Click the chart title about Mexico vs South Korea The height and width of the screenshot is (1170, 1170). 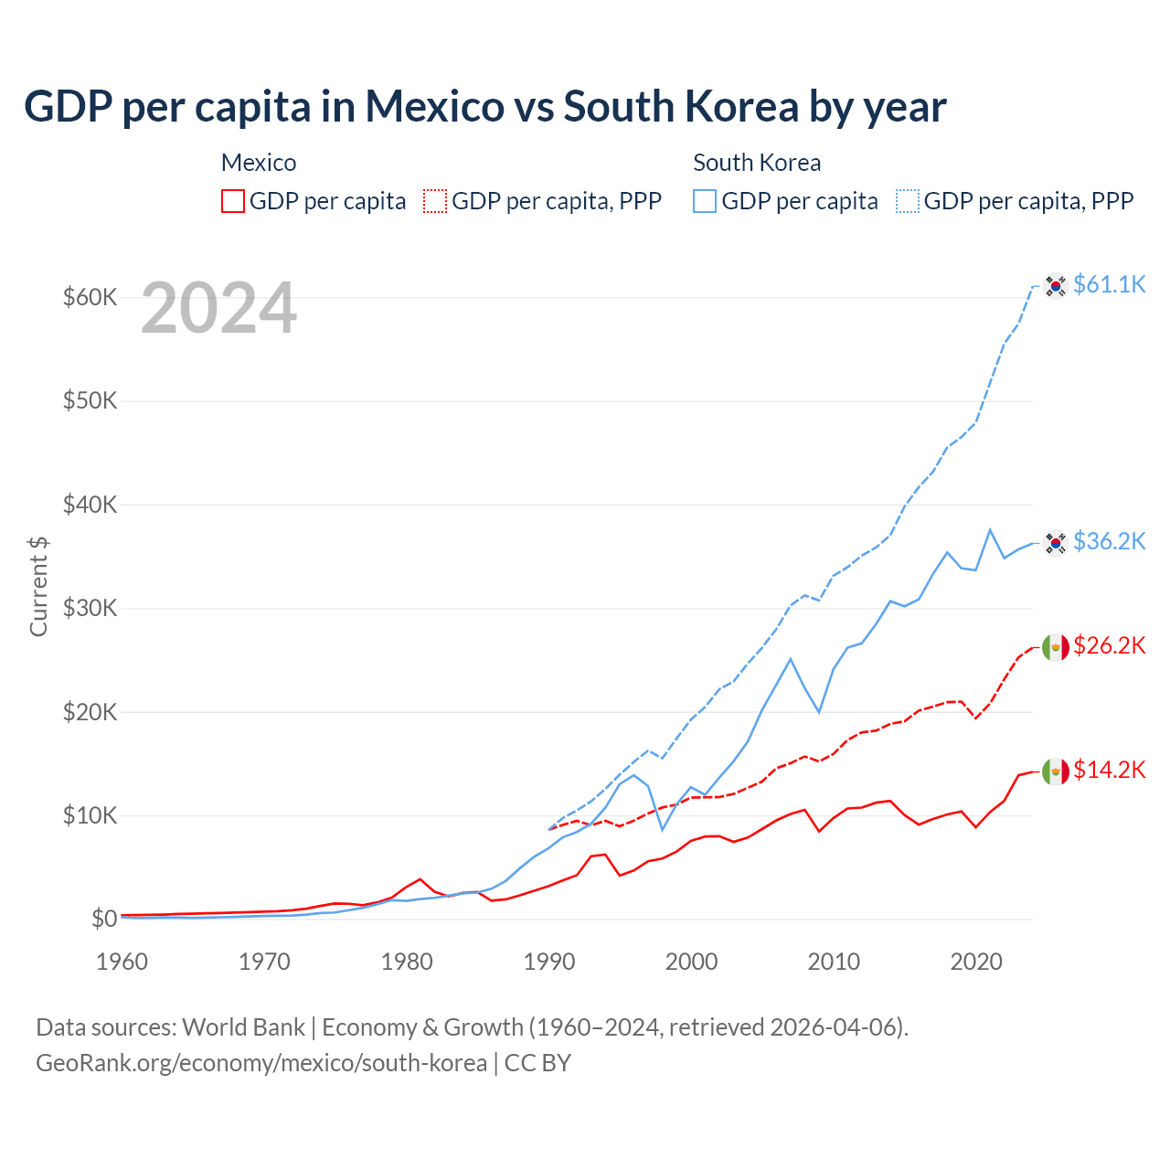tap(484, 107)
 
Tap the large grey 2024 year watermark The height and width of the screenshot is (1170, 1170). tap(218, 309)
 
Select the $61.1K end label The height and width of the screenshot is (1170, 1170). tap(1109, 284)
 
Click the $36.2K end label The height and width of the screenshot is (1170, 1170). tap(1109, 541)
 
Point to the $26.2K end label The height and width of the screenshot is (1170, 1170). tap(1109, 645)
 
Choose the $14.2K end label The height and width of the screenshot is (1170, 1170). tap(1109, 770)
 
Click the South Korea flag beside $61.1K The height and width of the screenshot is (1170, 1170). tap(1056, 285)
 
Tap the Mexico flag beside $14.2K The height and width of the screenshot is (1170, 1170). tap(1056, 771)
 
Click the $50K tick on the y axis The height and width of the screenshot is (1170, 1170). tap(90, 400)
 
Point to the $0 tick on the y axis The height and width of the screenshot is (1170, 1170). tap(104, 919)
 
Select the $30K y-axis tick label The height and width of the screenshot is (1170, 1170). tap(90, 608)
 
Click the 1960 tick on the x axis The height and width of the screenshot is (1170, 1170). tap(122, 962)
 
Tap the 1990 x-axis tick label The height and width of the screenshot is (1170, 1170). tap(549, 962)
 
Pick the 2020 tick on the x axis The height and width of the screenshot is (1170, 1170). tap(976, 962)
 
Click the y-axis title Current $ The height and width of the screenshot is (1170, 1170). tap(38, 586)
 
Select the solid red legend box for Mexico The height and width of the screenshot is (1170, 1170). tap(233, 201)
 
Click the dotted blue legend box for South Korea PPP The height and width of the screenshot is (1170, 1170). tap(908, 201)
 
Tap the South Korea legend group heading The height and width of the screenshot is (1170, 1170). tap(757, 163)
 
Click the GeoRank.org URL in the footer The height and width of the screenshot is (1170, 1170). tap(261, 1063)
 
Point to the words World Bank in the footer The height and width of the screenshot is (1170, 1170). tap(243, 1027)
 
